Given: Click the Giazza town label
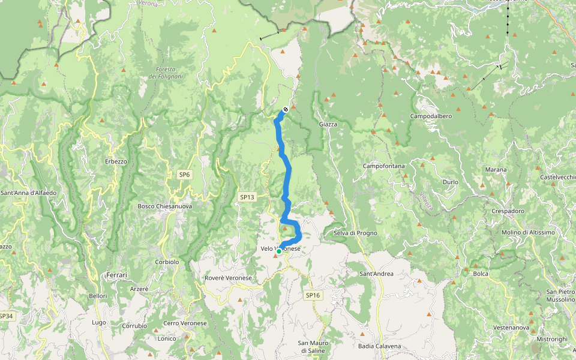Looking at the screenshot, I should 328,124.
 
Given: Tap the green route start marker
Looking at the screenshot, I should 279,251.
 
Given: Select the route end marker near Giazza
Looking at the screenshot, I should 286,109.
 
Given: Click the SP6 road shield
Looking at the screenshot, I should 184,175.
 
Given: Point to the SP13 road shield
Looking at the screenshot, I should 247,197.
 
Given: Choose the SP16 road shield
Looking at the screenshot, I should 313,295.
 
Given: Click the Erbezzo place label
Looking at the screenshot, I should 116,161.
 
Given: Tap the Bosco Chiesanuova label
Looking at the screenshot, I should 165,206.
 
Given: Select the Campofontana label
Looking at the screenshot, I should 384,166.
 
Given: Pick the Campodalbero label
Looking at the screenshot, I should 431,115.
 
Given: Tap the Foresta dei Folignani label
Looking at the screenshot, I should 161,73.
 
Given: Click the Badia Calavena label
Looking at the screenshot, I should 379,346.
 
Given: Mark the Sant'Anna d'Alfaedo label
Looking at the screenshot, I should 28,193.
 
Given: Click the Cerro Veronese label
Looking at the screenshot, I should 185,323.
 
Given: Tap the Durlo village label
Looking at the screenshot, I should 450,182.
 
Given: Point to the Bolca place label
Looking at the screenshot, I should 481,274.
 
